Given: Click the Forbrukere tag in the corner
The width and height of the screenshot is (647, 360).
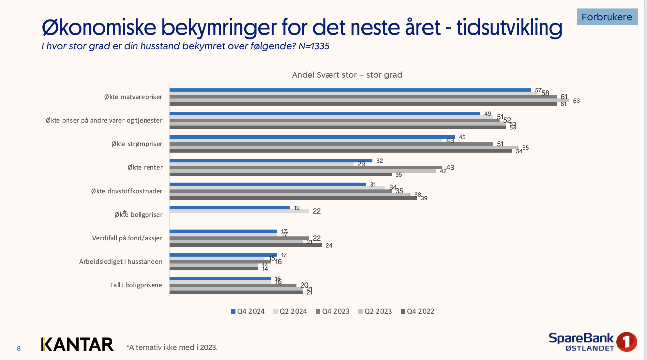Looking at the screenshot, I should click(x=607, y=17).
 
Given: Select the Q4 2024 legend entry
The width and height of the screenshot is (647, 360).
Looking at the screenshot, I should click(x=248, y=311).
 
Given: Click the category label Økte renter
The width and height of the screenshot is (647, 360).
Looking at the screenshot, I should click(x=145, y=168).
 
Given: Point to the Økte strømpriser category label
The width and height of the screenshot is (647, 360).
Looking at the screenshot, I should click(x=137, y=144).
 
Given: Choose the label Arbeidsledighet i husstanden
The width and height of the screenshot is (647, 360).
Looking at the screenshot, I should click(x=121, y=262).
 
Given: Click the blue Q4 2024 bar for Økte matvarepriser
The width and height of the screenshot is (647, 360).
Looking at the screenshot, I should click(x=350, y=90).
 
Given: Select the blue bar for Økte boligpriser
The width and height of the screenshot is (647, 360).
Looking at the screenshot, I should click(x=230, y=208).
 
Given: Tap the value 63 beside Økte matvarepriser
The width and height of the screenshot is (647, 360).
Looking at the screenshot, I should click(x=576, y=101).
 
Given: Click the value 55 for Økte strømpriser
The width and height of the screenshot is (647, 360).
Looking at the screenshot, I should click(x=525, y=148).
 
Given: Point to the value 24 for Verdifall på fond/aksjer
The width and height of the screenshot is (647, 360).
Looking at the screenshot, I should click(x=329, y=246).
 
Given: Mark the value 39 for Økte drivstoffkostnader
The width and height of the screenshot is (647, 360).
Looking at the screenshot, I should click(x=424, y=198).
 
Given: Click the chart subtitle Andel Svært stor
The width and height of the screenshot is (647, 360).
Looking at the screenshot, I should click(x=347, y=75).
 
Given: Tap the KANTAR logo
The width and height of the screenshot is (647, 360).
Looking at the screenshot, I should click(x=78, y=345).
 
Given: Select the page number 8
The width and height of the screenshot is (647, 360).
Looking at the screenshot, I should click(x=19, y=348).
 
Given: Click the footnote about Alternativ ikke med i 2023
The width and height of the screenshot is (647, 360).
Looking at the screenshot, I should click(x=172, y=348).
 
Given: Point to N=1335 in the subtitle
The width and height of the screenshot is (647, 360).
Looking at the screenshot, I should click(x=314, y=46).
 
